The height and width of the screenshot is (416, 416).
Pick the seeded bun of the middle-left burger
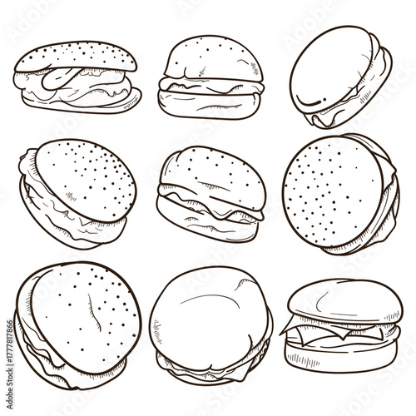[x=83, y=179]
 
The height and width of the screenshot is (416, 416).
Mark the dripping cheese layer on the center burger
[x=208, y=206]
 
